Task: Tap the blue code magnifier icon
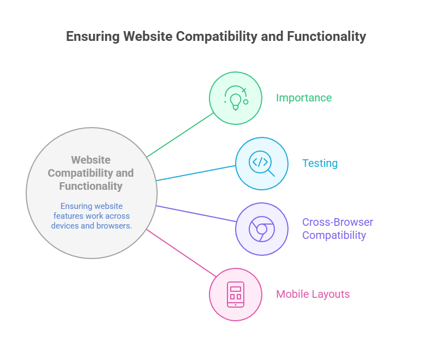(x=261, y=163)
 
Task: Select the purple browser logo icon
(x=261, y=229)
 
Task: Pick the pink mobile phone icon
(x=236, y=294)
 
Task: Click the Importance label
(x=303, y=98)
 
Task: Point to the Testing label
(x=320, y=163)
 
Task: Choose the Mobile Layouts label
(x=313, y=294)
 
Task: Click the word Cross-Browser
(x=338, y=222)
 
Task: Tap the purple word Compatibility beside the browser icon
(x=334, y=235)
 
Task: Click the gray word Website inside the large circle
(x=91, y=160)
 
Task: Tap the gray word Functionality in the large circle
(x=91, y=186)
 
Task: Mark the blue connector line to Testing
(x=196, y=172)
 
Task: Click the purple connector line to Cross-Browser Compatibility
(x=196, y=214)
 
